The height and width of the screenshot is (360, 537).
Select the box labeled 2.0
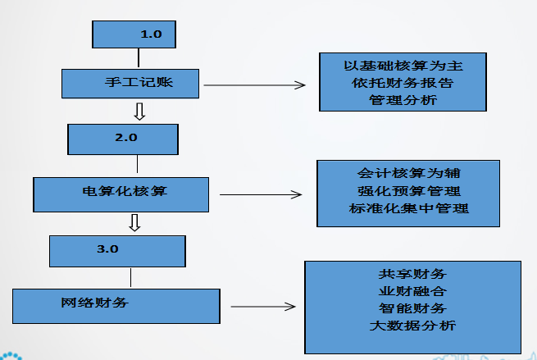point(122,138)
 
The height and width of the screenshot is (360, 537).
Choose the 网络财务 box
point(116,304)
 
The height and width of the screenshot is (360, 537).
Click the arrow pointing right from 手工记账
point(254,84)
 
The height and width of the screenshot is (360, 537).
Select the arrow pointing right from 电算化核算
point(262,195)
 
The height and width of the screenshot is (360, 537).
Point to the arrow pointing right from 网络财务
point(262,308)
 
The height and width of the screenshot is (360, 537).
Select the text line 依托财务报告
point(403,83)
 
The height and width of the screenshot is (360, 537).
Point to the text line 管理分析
point(403,101)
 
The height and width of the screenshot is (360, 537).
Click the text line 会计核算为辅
point(408,174)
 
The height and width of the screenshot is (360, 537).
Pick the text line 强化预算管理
point(408,192)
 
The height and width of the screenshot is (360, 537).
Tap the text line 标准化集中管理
point(408,209)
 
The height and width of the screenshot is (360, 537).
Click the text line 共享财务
point(412,273)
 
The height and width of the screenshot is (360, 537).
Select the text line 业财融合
point(412,290)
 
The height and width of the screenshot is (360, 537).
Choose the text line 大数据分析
point(412,326)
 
